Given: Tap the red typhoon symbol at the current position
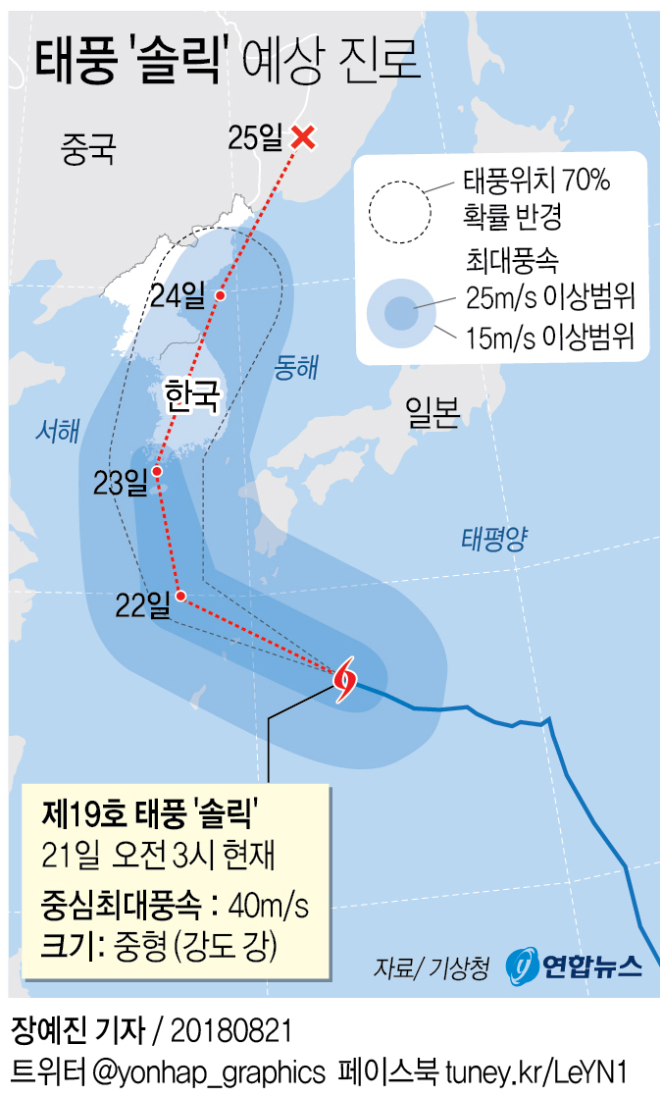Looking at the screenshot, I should click(x=344, y=679).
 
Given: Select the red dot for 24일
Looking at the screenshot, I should click(x=221, y=295).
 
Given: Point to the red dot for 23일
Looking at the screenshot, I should click(x=157, y=469).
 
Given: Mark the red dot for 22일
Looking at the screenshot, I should click(x=179, y=595).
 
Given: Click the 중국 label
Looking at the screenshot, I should click(x=88, y=149).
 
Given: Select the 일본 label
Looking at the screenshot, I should click(x=433, y=415).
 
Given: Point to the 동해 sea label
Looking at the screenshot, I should click(x=297, y=367).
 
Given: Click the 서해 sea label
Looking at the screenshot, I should click(x=56, y=429).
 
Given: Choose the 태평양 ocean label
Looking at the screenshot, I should click(x=494, y=537).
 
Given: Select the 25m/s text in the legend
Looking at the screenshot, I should click(x=498, y=294).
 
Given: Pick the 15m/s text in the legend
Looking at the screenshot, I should click(x=498, y=340).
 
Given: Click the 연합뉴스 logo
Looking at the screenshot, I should click(x=575, y=966).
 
